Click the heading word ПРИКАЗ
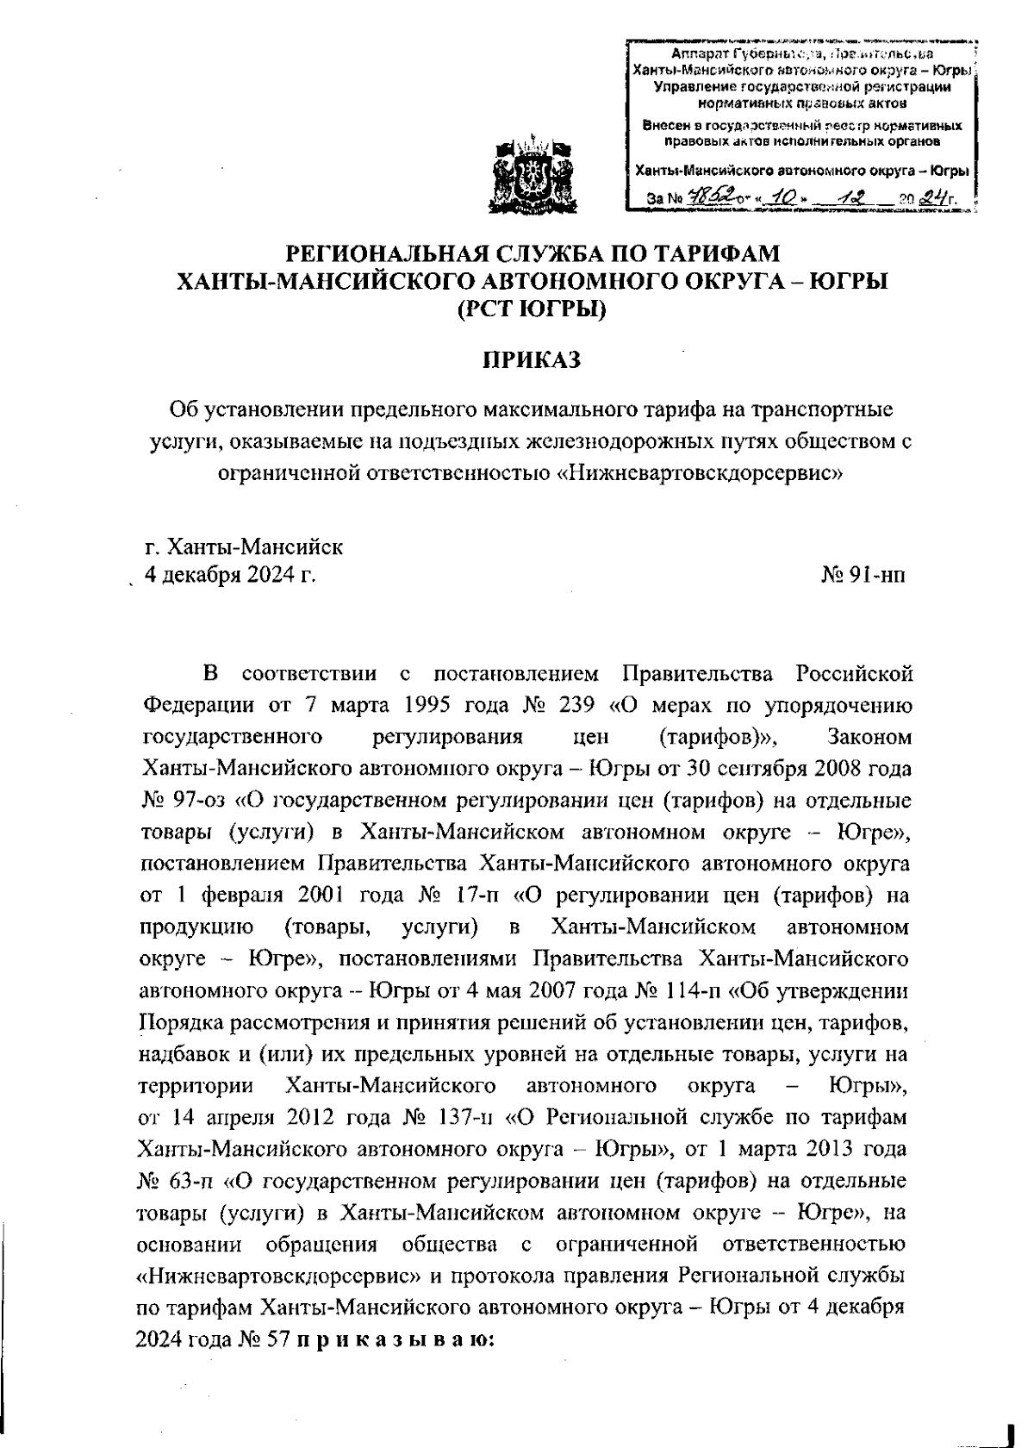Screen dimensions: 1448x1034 pyautogui.click(x=531, y=359)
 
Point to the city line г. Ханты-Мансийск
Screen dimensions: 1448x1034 pyautogui.click(x=244, y=546)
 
